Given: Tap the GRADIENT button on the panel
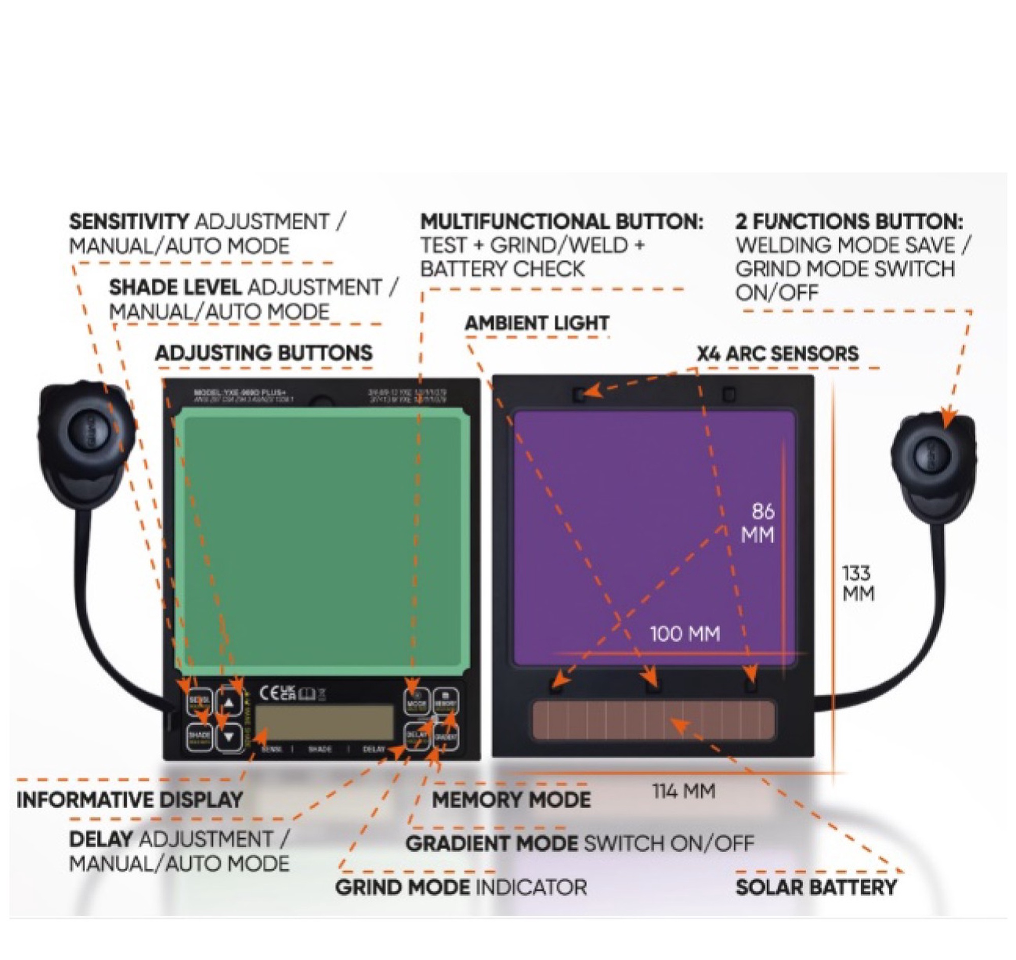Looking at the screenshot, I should (x=446, y=737).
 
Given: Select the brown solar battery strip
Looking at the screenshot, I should (x=653, y=720).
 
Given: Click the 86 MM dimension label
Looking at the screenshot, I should (x=758, y=523).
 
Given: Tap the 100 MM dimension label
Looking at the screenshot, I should (x=684, y=634).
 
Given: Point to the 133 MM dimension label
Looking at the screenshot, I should (x=859, y=583).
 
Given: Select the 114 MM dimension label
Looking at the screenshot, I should (x=683, y=791).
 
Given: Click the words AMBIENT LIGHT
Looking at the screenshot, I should (x=536, y=323).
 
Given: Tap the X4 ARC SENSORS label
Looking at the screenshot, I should (x=778, y=354).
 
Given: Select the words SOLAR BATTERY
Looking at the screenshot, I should (x=816, y=887).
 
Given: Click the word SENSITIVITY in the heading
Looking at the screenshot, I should (x=129, y=222).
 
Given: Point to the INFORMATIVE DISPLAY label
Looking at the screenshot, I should (x=130, y=799).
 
